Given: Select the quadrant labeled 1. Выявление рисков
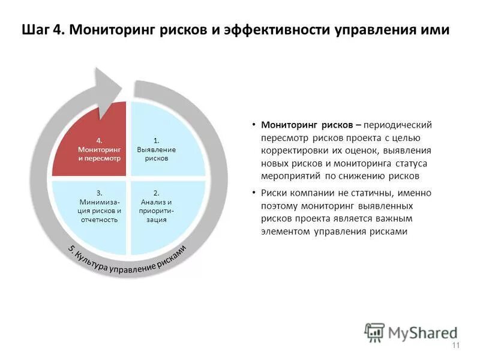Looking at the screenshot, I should coord(165,144).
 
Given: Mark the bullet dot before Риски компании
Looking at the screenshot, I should coord(254,193).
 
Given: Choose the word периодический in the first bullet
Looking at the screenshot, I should coord(398,125).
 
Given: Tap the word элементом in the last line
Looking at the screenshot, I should coord(285,232).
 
